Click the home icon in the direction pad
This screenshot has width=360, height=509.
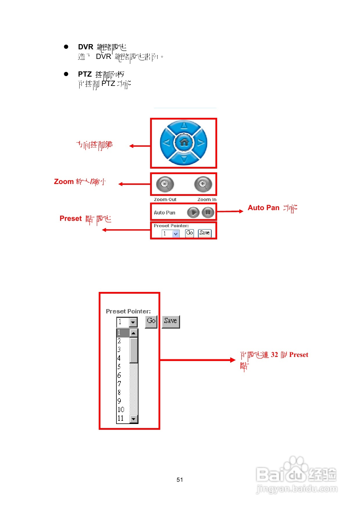(184, 142)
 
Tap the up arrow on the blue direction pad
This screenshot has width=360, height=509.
(184, 126)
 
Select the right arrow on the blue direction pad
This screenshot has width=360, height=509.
(201, 142)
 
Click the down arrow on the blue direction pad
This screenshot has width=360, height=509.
(184, 159)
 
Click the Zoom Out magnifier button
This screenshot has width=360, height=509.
(165, 184)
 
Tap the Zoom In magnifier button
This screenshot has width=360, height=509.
(203, 184)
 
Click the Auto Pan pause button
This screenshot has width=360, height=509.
(208, 212)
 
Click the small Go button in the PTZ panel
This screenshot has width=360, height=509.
(190, 233)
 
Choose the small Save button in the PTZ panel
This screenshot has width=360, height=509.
(205, 233)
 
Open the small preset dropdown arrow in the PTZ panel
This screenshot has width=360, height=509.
(176, 234)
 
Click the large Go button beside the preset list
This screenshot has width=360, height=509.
(151, 322)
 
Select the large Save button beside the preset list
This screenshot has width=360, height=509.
(171, 322)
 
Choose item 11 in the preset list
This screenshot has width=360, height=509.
(121, 418)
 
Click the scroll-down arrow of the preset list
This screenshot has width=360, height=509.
(134, 419)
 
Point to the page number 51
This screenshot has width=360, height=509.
(180, 480)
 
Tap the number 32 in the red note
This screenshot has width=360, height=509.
(274, 355)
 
